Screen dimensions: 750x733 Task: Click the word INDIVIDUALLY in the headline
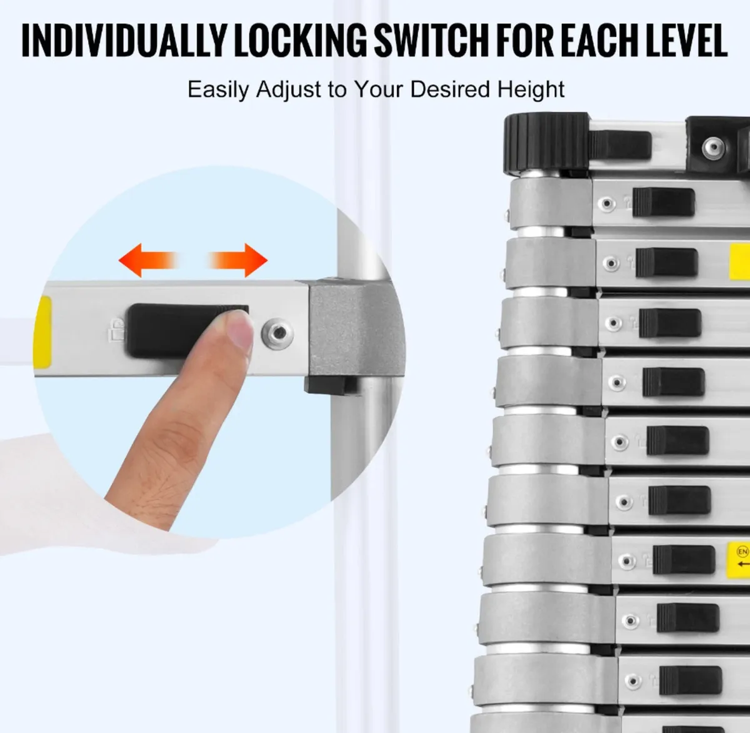[x=123, y=41]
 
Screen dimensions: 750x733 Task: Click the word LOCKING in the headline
[x=301, y=41]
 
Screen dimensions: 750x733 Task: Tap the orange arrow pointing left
[x=148, y=260]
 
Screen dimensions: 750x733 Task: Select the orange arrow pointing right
[x=237, y=260]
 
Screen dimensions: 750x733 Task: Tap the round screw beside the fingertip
[x=277, y=334]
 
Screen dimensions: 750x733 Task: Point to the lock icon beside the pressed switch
[x=117, y=330]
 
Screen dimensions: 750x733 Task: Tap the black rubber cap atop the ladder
[x=546, y=142]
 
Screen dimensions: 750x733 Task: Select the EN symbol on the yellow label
[x=742, y=552]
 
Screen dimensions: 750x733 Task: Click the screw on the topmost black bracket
[x=713, y=148]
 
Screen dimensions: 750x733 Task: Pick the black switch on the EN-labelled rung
[x=684, y=560]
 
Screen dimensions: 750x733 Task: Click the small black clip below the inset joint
[x=331, y=386]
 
